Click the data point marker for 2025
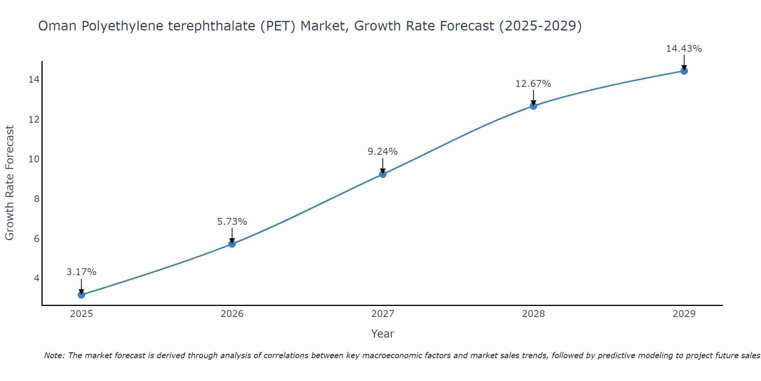(81, 295)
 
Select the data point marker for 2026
(232, 244)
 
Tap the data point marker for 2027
(383, 174)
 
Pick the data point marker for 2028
(533, 106)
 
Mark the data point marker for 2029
(684, 71)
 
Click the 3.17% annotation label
(81, 272)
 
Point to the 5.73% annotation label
(232, 221)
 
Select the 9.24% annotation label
(383, 152)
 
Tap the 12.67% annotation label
(533, 84)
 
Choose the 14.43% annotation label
(684, 49)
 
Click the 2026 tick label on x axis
(232, 314)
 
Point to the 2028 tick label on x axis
(533, 314)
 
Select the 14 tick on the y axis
(34, 80)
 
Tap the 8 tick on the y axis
(37, 199)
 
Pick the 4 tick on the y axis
(37, 278)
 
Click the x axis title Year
(383, 334)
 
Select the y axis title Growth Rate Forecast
(10, 183)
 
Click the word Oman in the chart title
(58, 26)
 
